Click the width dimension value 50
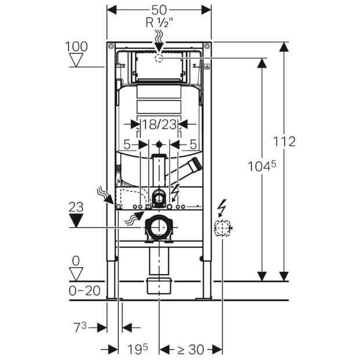159,10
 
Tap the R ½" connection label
159,23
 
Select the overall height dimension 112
285,142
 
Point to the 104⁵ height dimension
262,165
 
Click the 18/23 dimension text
159,124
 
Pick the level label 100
76,46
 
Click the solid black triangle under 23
76,221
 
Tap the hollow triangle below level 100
76,60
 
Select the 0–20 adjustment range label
85,291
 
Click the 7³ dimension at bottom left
80,327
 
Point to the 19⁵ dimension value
138,349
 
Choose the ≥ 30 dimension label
191,350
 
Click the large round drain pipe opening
159,227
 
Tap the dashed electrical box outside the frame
222,228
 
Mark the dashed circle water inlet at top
159,59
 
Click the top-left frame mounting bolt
111,46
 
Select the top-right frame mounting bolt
207,46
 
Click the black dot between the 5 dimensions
159,145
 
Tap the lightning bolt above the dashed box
222,208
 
